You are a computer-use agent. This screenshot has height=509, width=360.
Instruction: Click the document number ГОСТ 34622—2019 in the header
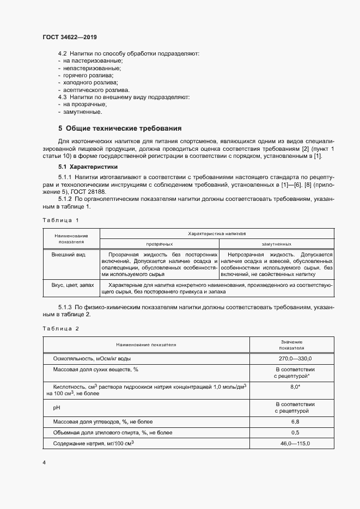coord(70,37)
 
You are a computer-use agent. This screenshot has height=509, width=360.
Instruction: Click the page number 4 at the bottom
coord(44,462)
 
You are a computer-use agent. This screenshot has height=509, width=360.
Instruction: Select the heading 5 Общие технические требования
coord(120,128)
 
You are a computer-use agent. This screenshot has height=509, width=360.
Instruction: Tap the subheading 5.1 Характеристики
coord(88,167)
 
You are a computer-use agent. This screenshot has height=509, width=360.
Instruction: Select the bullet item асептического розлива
coord(93,89)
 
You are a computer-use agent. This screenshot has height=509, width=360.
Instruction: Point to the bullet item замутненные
coord(82,112)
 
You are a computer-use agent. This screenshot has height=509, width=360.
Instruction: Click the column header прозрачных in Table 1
coord(159,244)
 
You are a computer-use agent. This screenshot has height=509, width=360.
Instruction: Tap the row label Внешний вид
coord(68,254)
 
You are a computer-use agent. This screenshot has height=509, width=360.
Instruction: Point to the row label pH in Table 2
coord(56,407)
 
